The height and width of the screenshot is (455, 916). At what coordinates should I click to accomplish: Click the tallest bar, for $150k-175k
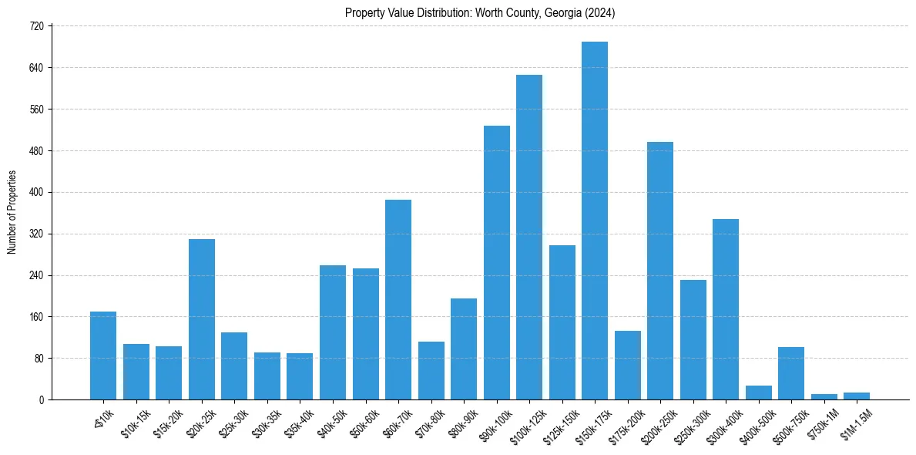[x=594, y=221]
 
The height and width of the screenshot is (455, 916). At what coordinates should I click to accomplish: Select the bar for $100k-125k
[x=529, y=238]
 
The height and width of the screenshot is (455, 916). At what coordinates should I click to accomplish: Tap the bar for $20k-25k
[x=202, y=319]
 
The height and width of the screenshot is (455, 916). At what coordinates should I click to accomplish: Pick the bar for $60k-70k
[x=398, y=300]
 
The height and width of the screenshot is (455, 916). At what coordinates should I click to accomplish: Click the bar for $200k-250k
[x=660, y=271]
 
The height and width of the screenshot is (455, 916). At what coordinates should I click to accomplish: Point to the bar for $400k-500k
[x=758, y=393]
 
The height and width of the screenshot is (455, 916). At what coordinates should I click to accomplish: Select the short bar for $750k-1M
[x=824, y=396]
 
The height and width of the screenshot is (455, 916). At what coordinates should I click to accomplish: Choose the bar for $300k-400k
[x=726, y=309]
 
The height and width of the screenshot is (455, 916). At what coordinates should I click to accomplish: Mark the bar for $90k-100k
[x=497, y=263]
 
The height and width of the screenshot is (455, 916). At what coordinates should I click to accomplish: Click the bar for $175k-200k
[x=628, y=366]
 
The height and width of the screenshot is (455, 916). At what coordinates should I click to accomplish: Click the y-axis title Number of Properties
[x=12, y=212]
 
